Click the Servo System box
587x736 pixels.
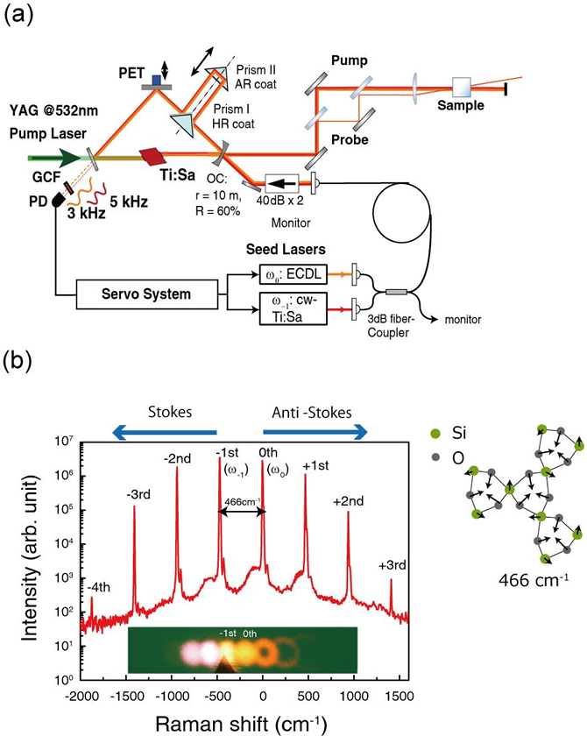[147, 294]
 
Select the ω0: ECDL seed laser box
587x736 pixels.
[293, 274]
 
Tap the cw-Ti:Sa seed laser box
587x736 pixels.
[293, 308]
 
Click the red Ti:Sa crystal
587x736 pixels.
[151, 156]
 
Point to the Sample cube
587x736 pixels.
[461, 87]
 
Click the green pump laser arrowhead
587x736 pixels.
[69, 159]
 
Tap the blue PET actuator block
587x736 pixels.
[157, 80]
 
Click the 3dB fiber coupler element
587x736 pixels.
[396, 293]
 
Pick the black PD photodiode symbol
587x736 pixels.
[60, 200]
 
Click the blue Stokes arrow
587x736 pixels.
[164, 432]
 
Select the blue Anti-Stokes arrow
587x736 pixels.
[315, 432]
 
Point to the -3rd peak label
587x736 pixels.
[138, 494]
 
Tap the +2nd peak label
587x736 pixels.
[349, 501]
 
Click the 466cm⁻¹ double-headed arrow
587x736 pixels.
[242, 512]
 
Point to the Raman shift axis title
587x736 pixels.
[241, 724]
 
